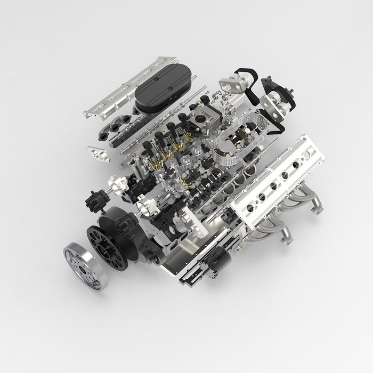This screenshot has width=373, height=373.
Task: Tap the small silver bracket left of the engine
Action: pos(98,152)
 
